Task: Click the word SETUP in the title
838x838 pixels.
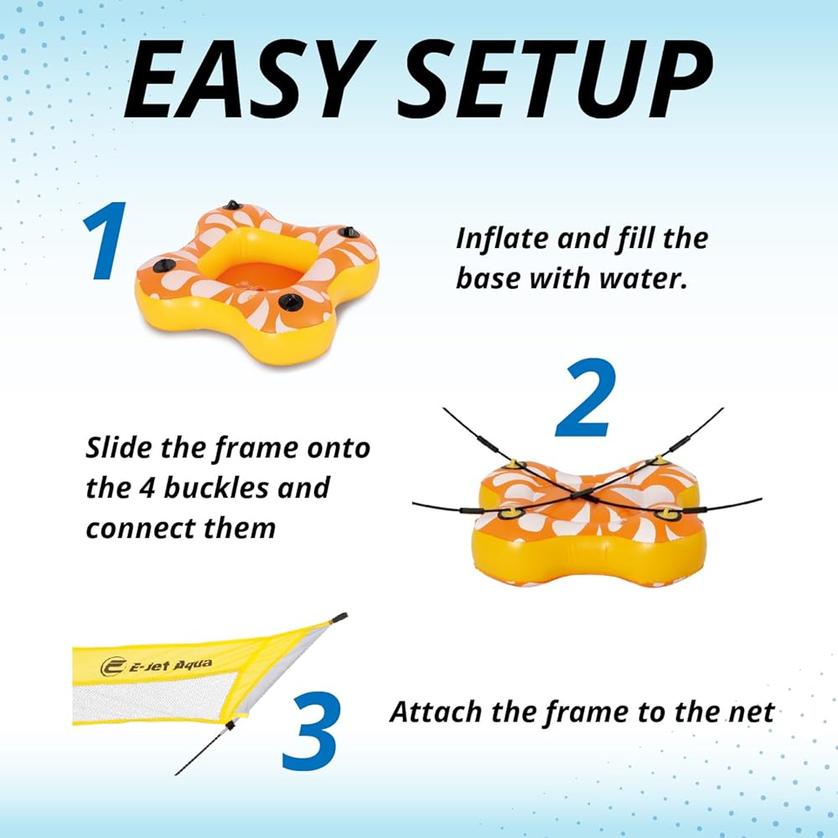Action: click(x=556, y=79)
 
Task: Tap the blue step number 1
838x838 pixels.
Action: click(x=106, y=241)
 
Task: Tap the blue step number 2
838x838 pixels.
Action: click(x=587, y=397)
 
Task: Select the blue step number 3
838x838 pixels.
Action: click(x=311, y=731)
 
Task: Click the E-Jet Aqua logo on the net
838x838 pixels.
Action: click(x=156, y=666)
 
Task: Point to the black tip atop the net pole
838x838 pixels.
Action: click(x=339, y=618)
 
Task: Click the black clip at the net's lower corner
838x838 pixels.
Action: click(x=230, y=726)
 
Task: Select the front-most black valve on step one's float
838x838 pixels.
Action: click(x=291, y=303)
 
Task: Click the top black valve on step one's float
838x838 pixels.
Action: click(x=233, y=205)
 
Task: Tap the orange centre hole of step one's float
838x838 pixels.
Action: click(x=257, y=277)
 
